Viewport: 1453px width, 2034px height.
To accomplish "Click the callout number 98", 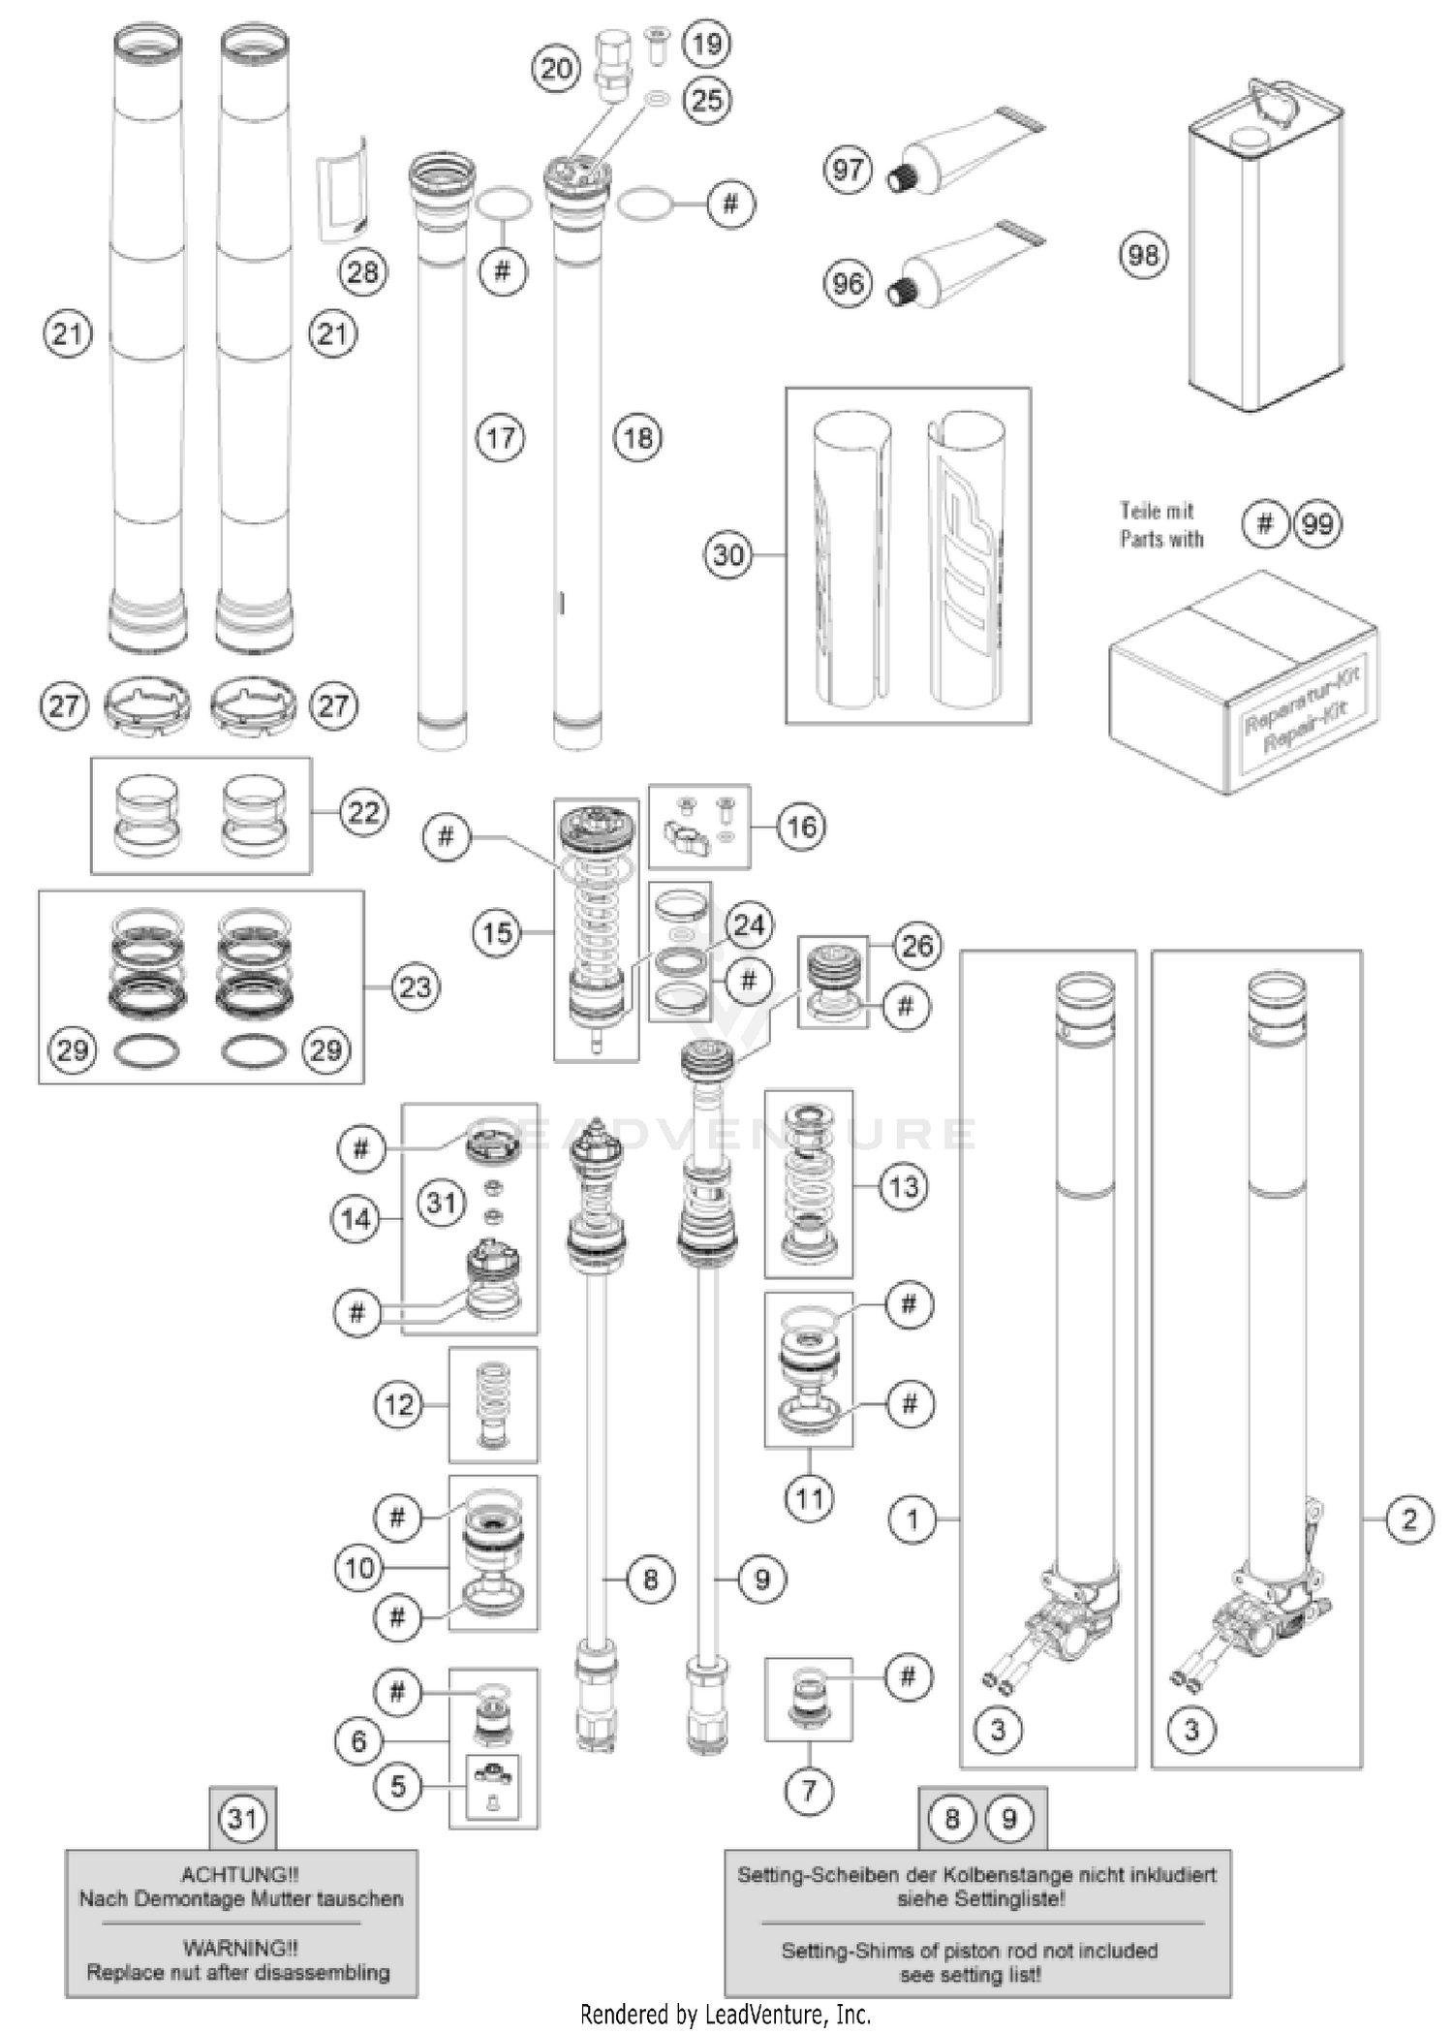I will tap(1143, 255).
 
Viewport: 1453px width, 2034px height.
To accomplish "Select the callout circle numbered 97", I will tap(848, 170).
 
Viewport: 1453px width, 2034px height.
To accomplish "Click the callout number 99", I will tap(1317, 524).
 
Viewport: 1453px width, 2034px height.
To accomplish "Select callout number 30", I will tap(728, 555).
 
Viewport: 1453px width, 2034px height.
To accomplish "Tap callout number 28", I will tap(362, 272).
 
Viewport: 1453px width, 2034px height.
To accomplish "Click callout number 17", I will tap(500, 438).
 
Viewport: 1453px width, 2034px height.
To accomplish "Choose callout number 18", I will tap(637, 438).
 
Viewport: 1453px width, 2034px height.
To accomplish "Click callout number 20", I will tap(556, 69).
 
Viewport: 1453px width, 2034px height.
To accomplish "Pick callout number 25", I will tap(707, 99).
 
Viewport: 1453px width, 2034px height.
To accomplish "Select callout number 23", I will tap(416, 987).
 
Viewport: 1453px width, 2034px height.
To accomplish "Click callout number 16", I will tap(801, 827).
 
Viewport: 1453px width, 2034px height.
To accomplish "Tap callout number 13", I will tap(904, 1186).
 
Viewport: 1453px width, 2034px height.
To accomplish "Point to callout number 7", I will tap(809, 1791).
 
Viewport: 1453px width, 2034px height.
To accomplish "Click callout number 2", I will tap(1408, 1519).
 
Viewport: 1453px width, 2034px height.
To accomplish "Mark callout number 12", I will tap(399, 1405).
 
